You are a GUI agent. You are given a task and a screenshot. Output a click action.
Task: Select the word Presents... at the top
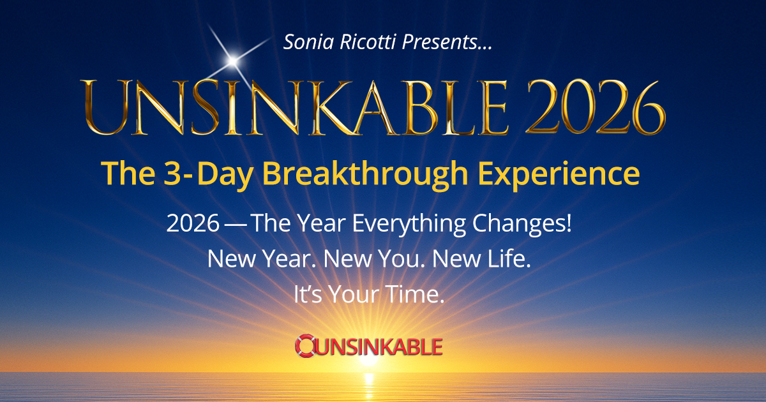447,42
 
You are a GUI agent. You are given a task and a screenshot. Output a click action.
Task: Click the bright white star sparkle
233,61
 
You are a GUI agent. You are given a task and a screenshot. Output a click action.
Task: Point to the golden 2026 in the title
596,107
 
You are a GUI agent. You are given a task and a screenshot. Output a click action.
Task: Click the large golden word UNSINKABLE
294,107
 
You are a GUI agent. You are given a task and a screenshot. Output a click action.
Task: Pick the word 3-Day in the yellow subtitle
208,174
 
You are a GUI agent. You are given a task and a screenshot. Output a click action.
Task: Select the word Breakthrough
365,174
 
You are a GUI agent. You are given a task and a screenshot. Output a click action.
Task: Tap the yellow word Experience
559,174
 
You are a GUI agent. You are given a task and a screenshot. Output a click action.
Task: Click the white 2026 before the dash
193,223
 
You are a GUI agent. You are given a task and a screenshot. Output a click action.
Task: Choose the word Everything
409,224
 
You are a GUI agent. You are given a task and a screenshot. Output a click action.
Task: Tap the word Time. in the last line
415,294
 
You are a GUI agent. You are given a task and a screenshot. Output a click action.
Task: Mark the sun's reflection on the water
369,386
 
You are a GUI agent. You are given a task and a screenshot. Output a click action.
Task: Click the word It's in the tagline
308,294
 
